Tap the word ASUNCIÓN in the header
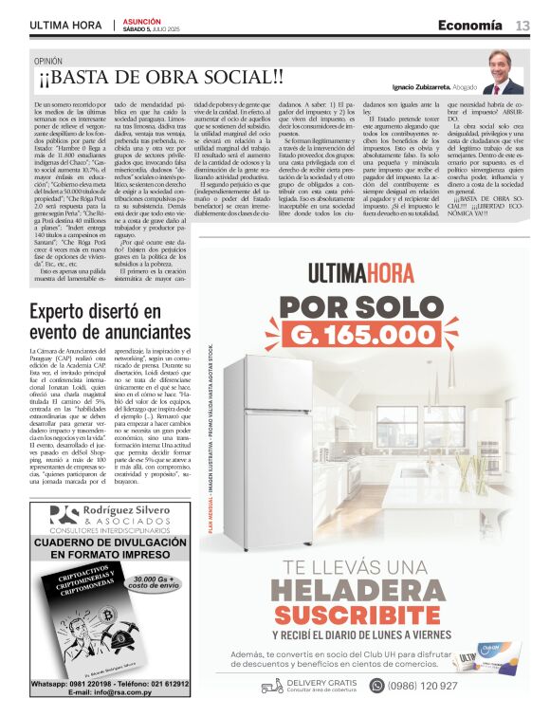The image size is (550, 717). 143,20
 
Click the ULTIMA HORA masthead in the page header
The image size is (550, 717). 65,25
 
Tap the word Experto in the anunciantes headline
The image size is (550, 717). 69,311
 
